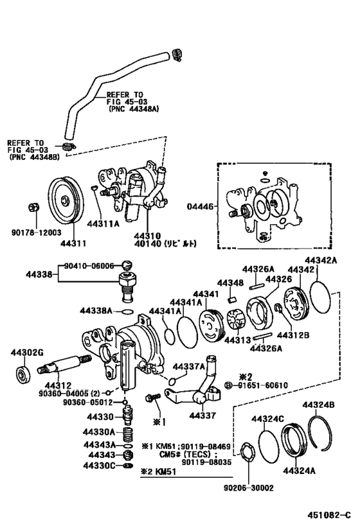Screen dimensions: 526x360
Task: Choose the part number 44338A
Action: tap(96, 310)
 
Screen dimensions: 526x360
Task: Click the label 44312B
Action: tap(292, 335)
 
